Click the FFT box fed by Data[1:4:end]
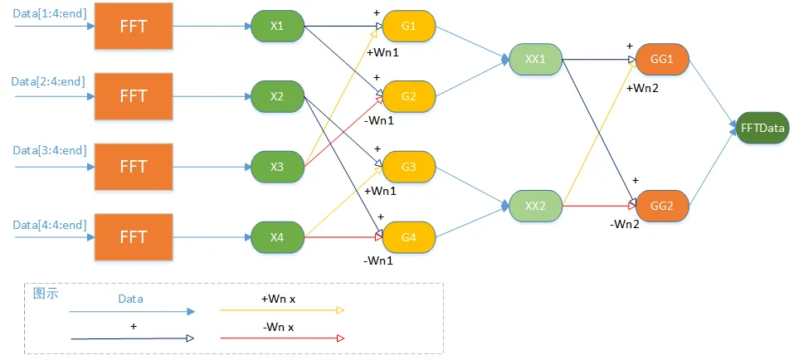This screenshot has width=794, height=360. click(134, 27)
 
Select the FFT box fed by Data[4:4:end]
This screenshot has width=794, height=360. click(134, 236)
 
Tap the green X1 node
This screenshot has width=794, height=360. click(277, 27)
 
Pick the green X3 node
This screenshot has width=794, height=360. click(277, 167)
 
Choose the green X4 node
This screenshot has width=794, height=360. click(277, 237)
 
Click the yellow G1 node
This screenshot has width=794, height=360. click(408, 26)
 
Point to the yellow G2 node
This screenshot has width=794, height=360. click(408, 96)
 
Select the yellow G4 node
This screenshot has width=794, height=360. click(408, 237)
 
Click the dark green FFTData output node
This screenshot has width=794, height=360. click(762, 128)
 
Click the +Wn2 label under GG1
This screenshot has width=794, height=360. click(642, 88)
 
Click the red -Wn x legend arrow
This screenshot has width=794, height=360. click(282, 338)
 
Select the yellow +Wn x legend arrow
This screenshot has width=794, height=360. click(282, 310)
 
